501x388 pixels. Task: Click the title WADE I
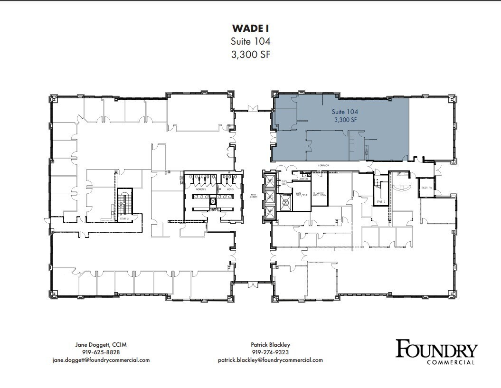(x=250, y=28)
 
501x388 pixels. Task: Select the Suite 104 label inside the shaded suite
(x=345, y=112)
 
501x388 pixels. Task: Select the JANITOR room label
(x=303, y=174)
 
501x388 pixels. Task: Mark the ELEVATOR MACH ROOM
(x=319, y=194)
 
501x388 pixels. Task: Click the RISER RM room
(x=426, y=188)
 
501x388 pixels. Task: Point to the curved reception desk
(x=403, y=187)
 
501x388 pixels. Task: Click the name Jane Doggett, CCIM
(x=101, y=344)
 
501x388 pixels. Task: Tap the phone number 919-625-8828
(x=101, y=352)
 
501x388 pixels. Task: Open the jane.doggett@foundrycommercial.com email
(x=101, y=360)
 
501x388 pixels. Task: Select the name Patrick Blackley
(x=270, y=344)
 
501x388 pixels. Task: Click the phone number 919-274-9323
(x=270, y=352)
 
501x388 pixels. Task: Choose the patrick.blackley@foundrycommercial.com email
(x=270, y=360)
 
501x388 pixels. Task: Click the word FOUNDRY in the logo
(x=436, y=350)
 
